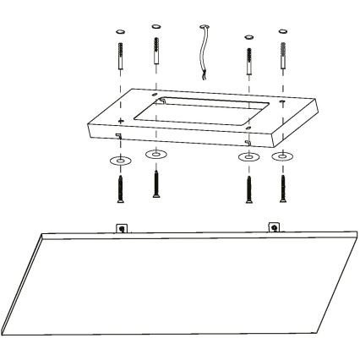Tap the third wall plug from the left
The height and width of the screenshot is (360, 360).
(x=248, y=60)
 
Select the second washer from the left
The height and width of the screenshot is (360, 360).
(x=155, y=155)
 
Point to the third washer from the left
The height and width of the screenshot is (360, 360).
(x=248, y=158)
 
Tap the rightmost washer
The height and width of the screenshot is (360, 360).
(x=281, y=156)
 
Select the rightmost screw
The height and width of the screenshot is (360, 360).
(x=281, y=188)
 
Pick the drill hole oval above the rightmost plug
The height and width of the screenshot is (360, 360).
(x=281, y=31)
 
